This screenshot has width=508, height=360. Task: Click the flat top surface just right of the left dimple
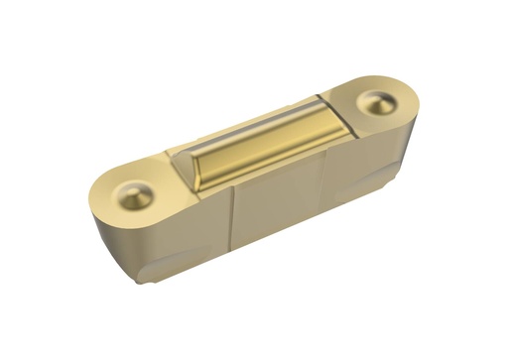click(159, 188)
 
